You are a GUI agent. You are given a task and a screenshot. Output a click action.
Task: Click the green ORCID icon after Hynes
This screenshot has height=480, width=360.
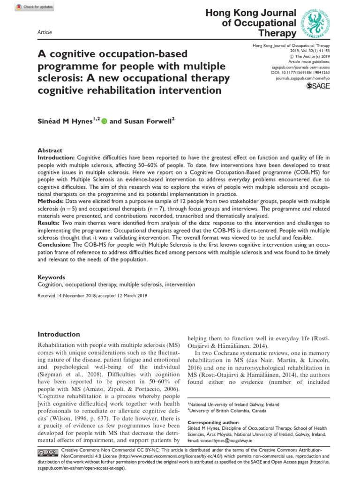tap(104, 121)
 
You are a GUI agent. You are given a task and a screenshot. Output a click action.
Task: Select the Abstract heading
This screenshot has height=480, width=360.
tap(50, 150)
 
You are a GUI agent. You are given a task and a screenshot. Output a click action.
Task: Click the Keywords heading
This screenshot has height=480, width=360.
tap(51, 277)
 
